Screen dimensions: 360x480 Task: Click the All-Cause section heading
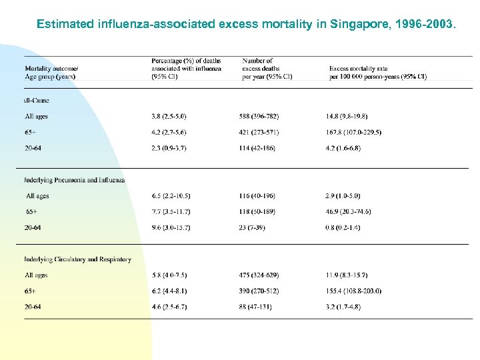click(x=37, y=101)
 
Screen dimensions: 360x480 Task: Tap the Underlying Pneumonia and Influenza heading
click(x=75, y=180)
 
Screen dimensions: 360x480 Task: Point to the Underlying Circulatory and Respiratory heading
click(x=77, y=259)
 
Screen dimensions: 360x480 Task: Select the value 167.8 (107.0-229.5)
click(x=354, y=132)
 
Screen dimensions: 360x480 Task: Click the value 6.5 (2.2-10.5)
click(x=171, y=196)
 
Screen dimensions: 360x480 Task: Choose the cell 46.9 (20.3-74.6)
click(x=349, y=211)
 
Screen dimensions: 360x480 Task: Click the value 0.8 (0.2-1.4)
click(x=343, y=227)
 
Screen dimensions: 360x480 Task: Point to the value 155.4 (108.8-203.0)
click(x=354, y=291)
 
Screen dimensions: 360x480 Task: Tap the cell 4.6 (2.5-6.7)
click(x=169, y=307)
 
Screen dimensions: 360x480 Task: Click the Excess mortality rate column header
click(x=378, y=73)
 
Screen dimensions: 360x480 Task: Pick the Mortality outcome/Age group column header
click(x=51, y=73)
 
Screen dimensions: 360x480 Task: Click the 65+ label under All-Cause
click(x=31, y=132)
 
